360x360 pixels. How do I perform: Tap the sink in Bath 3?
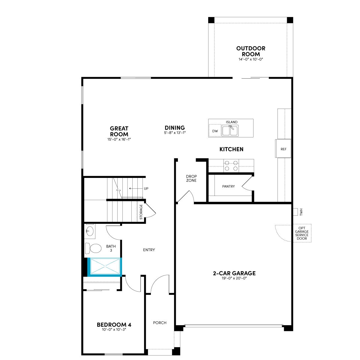pos(90,231)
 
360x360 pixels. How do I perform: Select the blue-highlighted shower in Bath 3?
pos(104,266)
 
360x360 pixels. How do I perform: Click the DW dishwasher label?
pos(215,131)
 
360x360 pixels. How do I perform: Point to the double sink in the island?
pos(230,130)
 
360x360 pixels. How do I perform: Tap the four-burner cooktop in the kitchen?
pos(231,166)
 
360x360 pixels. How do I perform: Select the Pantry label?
pos(228,186)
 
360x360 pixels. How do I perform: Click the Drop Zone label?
pos(191,178)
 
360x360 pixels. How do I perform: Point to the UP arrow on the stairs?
pos(136,188)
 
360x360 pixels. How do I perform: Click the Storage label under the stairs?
pos(141,212)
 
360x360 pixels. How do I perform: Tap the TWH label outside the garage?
pos(301,212)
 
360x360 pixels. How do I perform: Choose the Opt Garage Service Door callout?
pos(302,233)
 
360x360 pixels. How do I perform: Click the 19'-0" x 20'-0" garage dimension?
pos(234,278)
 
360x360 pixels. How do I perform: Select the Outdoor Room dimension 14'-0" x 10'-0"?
pos(251,59)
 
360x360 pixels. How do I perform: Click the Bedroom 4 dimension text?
pos(114,329)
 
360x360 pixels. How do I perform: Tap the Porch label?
pos(160,322)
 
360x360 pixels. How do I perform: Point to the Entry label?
pos(149,250)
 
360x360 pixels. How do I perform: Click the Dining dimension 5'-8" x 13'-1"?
pos(175,133)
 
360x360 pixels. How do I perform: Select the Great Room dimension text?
pos(119,139)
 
